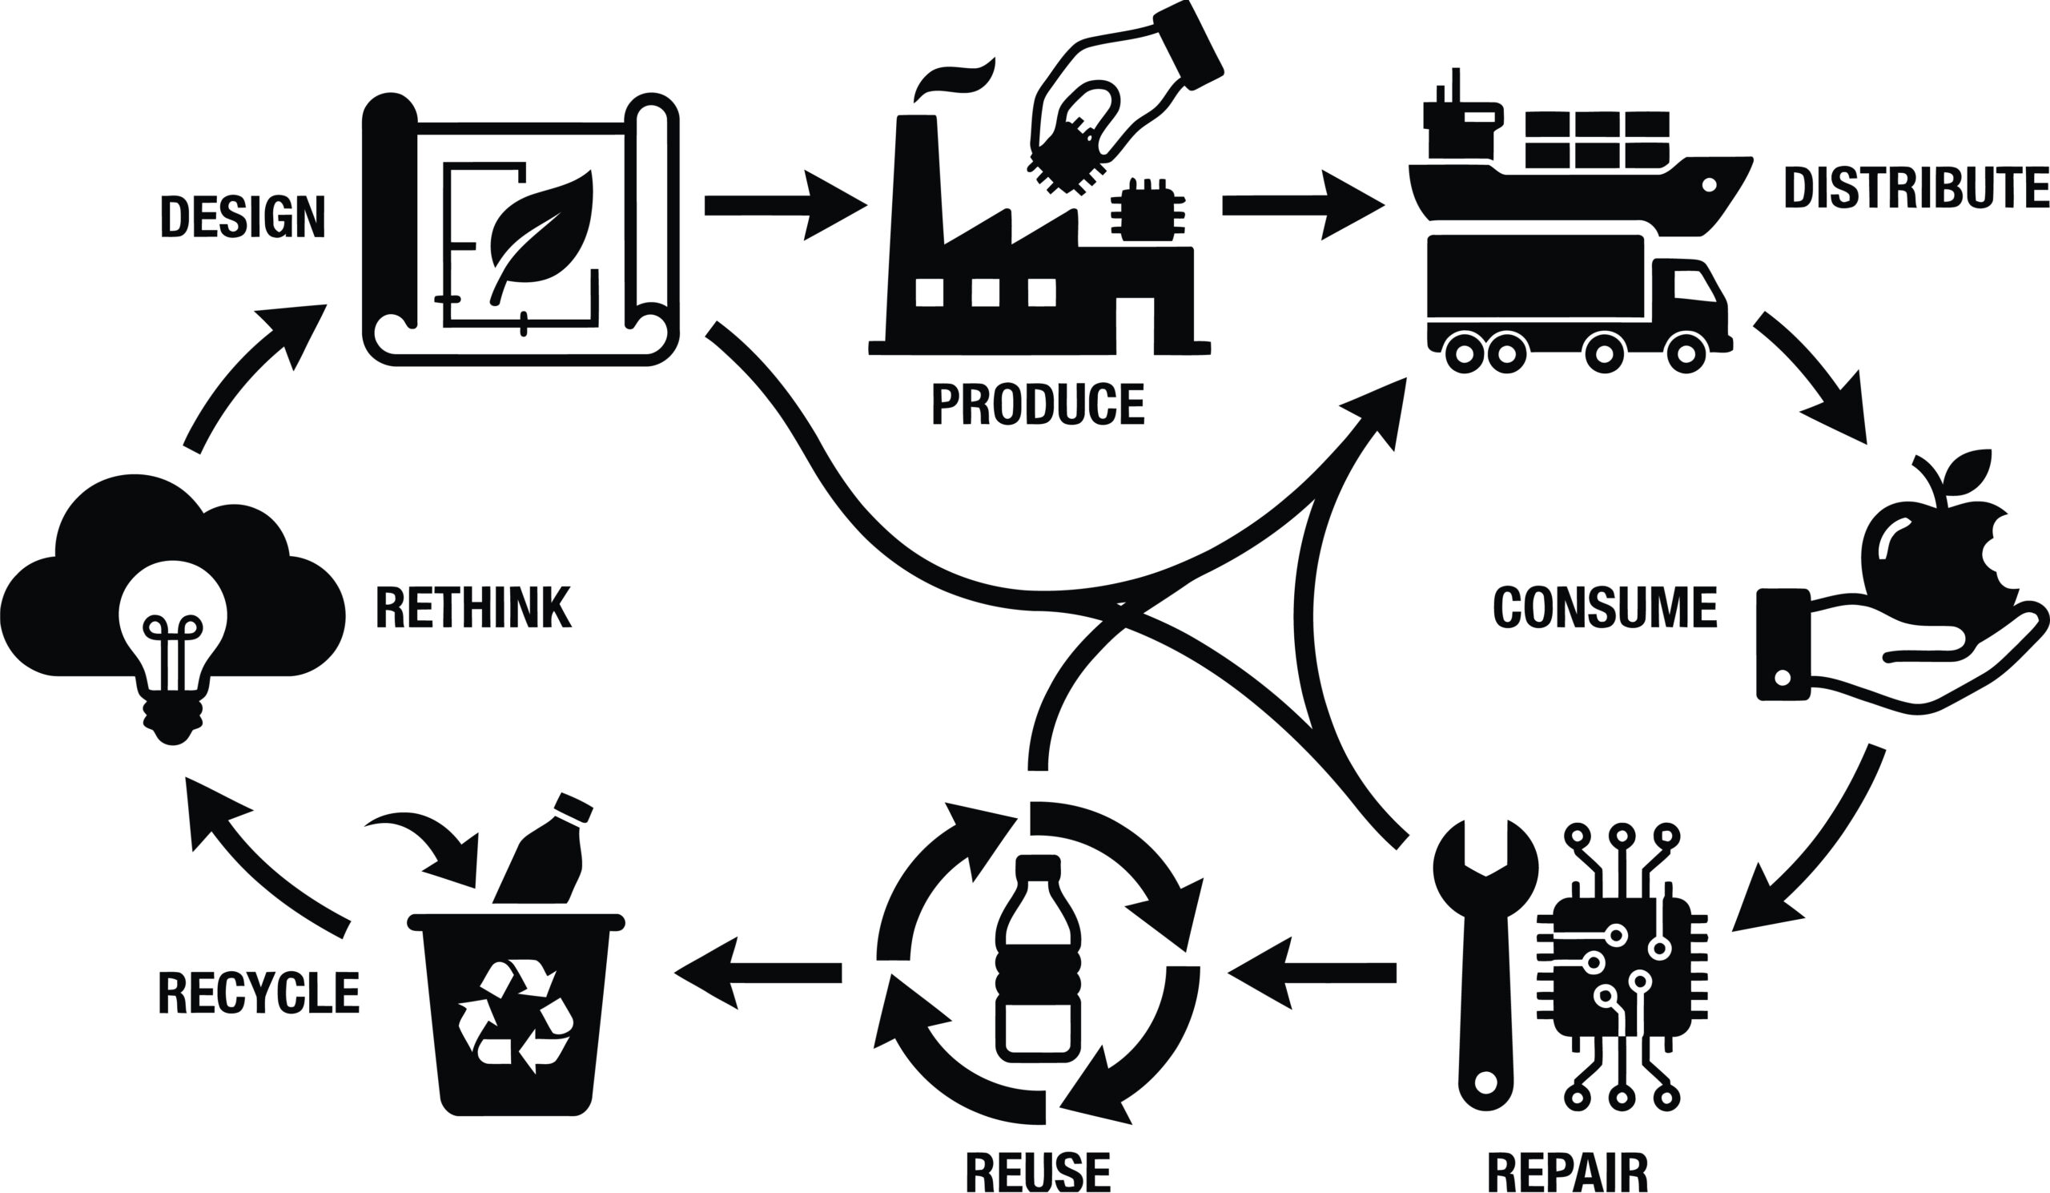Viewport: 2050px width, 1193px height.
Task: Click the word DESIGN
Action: click(x=243, y=216)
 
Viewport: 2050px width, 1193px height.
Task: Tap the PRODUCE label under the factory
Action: click(x=1037, y=405)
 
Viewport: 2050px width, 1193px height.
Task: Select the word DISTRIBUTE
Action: click(x=1915, y=188)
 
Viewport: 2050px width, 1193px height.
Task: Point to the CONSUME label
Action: click(x=1604, y=607)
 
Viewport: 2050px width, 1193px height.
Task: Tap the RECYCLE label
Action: click(x=259, y=992)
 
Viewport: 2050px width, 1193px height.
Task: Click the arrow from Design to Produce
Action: click(x=785, y=205)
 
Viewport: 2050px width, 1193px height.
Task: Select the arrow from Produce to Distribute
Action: click(x=1301, y=205)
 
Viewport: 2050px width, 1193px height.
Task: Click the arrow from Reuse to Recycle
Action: click(x=757, y=973)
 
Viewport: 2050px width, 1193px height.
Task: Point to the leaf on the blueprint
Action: click(x=541, y=232)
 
